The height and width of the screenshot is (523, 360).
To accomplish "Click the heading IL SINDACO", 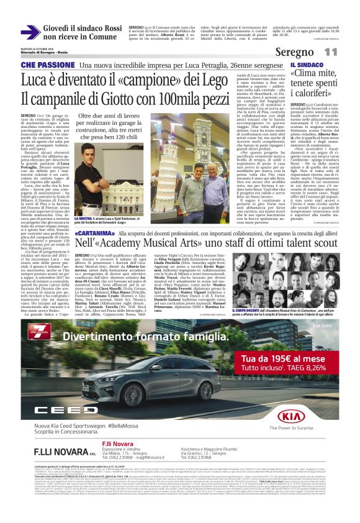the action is pyautogui.click(x=306, y=65).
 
